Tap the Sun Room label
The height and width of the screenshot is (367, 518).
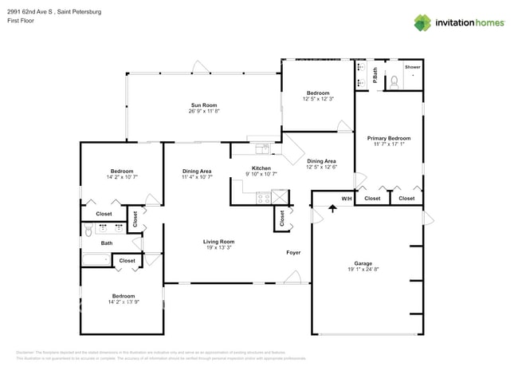pyautogui.click(x=203, y=105)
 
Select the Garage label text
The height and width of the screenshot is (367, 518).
pyautogui.click(x=363, y=263)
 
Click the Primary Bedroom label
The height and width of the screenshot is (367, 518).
pyautogui.click(x=389, y=138)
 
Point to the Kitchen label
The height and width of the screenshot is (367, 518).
pyautogui.click(x=261, y=168)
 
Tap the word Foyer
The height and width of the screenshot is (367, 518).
pyautogui.click(x=294, y=253)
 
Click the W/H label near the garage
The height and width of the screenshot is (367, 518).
pyautogui.click(x=347, y=198)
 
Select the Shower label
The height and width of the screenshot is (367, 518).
pyautogui.click(x=412, y=68)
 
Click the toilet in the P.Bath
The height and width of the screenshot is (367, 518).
pyautogui.click(x=393, y=81)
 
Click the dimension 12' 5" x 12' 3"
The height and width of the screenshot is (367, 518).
pyautogui.click(x=318, y=99)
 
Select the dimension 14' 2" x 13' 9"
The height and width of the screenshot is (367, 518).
pyautogui.click(x=123, y=302)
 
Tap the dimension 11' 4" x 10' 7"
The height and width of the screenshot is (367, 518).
pyautogui.click(x=197, y=177)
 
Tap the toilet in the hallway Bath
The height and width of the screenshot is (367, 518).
pyautogui.click(x=88, y=231)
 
